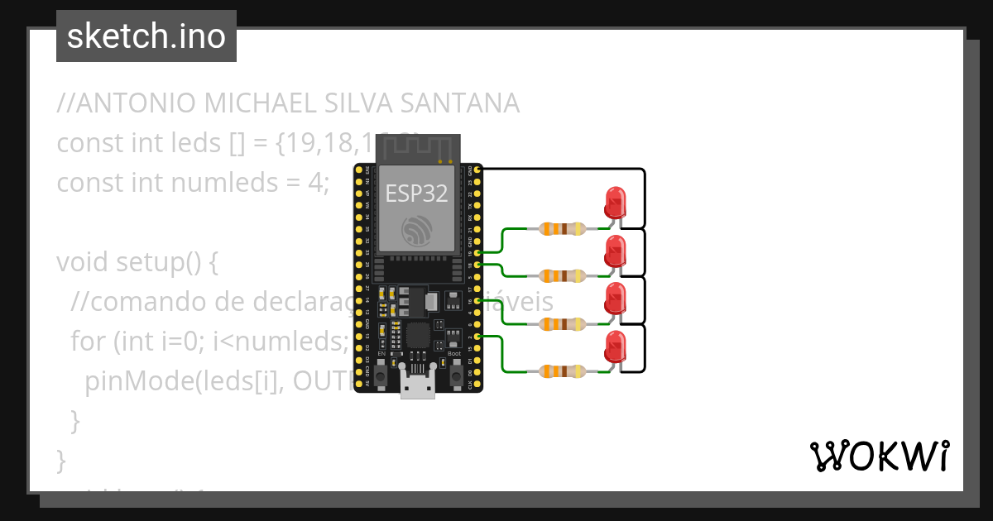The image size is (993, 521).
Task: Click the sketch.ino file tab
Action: point(146,36)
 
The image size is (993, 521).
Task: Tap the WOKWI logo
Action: point(879,456)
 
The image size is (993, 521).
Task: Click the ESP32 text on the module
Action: point(417,194)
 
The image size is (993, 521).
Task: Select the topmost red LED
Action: point(615,203)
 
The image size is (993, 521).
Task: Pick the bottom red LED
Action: point(615,347)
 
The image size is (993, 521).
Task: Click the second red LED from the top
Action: point(615,251)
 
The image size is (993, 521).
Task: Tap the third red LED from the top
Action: point(615,299)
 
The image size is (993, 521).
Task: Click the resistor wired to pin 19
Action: point(563,227)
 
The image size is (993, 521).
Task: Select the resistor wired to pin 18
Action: point(563,275)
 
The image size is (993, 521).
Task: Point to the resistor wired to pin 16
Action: point(563,323)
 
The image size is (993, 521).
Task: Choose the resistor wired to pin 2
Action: point(563,371)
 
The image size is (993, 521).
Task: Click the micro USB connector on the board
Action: point(418,385)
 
